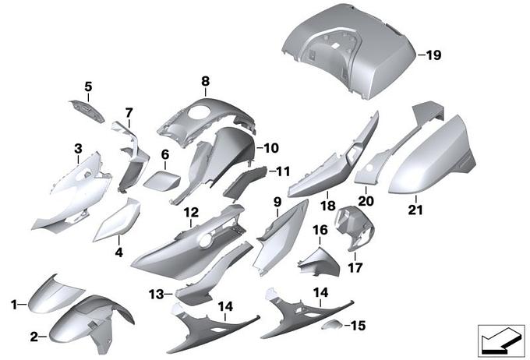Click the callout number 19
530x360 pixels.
(x=433, y=55)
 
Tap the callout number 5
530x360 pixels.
(x=88, y=86)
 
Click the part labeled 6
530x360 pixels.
(x=161, y=181)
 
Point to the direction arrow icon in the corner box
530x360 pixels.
(x=501, y=341)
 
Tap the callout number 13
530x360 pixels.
(x=156, y=294)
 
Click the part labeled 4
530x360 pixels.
(x=117, y=221)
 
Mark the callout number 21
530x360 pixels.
(x=415, y=210)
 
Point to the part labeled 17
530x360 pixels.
(x=355, y=228)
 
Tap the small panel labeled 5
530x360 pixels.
(x=87, y=110)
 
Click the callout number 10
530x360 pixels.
(x=271, y=148)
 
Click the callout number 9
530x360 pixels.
(x=277, y=202)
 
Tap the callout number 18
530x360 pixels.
(x=327, y=205)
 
